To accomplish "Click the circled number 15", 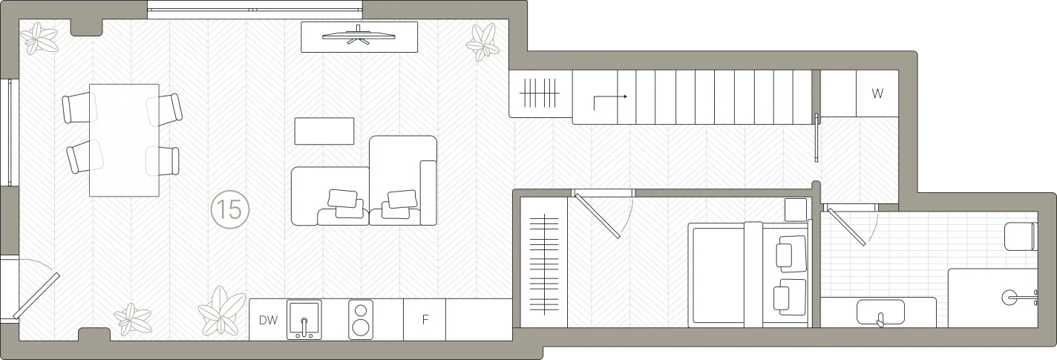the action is pyautogui.click(x=230, y=209).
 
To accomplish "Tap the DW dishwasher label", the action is pyautogui.click(x=268, y=321).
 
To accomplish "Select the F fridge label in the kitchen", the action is pyautogui.click(x=425, y=320).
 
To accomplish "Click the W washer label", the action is pyautogui.click(x=877, y=94).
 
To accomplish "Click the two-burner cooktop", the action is pyautogui.click(x=361, y=319).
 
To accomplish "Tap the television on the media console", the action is pyautogui.click(x=359, y=36).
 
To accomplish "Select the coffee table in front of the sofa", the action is pyautogui.click(x=324, y=131).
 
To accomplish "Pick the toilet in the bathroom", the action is pyautogui.click(x=1021, y=236).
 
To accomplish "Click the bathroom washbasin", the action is pyautogui.click(x=880, y=312).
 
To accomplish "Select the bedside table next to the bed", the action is pyautogui.click(x=796, y=210).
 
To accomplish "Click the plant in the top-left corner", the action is pyautogui.click(x=41, y=39).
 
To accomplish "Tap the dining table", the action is pyautogui.click(x=124, y=140).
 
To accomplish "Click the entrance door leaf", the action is pyautogui.click(x=36, y=295).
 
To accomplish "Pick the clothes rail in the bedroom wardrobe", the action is pyautogui.click(x=544, y=264).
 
